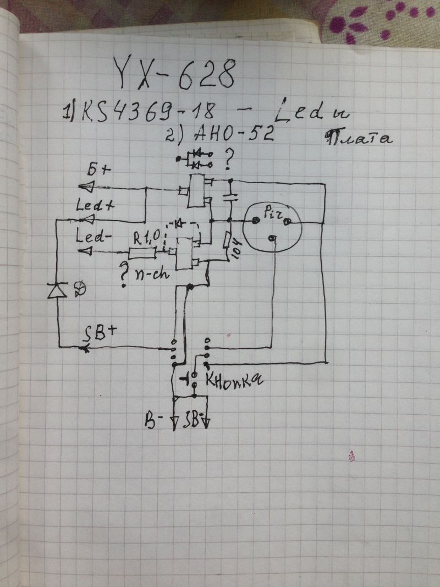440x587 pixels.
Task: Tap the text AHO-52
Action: [x=237, y=133]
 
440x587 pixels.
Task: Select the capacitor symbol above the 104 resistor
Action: [x=231, y=196]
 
